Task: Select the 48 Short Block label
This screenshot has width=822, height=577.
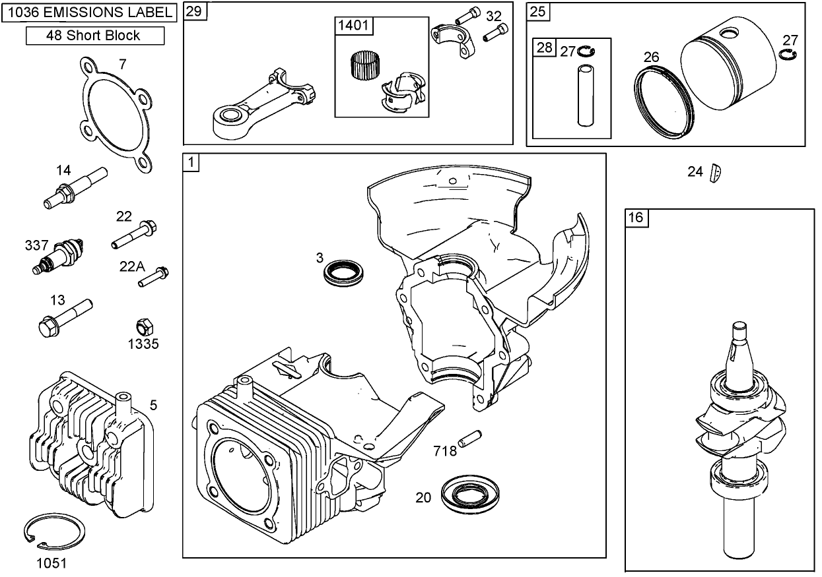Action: (x=94, y=36)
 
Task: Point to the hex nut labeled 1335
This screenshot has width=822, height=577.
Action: (x=143, y=327)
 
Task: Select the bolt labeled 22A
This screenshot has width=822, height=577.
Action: (x=154, y=276)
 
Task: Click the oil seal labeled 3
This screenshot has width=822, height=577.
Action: (x=344, y=272)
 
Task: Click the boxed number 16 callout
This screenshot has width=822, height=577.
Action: (x=636, y=218)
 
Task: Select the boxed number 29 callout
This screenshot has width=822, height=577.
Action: (x=193, y=11)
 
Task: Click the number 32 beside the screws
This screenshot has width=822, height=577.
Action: (x=494, y=16)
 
